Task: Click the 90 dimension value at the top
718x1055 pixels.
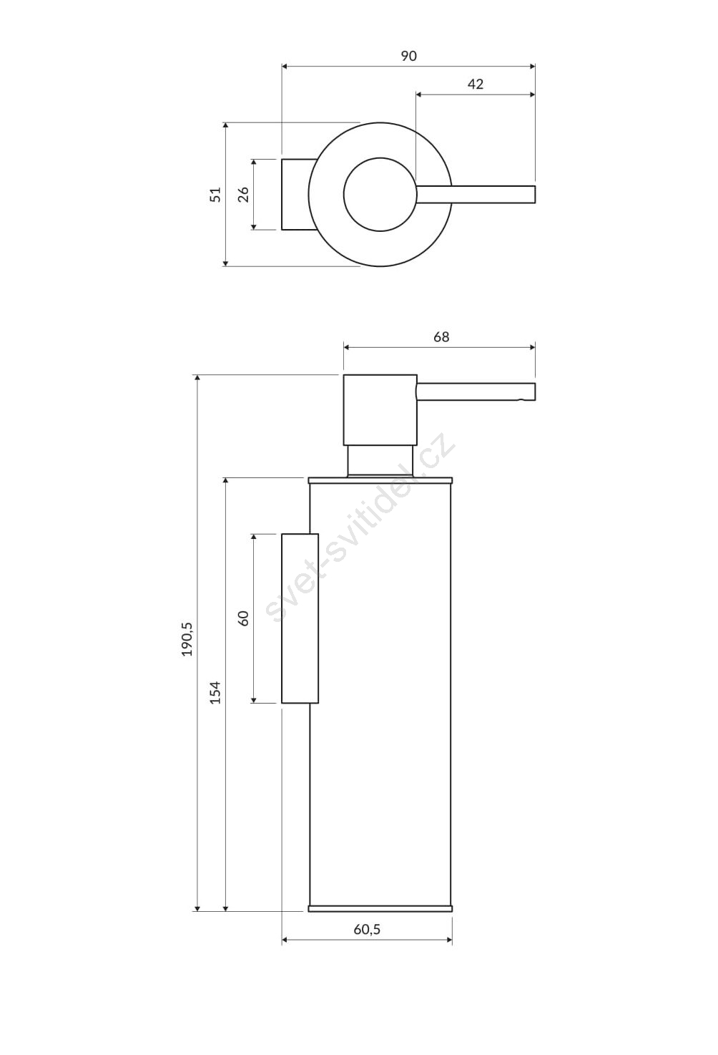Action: (x=408, y=56)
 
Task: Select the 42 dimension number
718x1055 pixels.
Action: (x=476, y=84)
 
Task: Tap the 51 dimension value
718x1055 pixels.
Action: (x=215, y=195)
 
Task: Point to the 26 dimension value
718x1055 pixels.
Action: (x=242, y=195)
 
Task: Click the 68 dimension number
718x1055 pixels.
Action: (x=441, y=337)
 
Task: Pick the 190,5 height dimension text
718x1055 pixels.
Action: (x=187, y=639)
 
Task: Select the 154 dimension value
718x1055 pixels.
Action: (x=215, y=692)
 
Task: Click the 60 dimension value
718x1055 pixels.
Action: (x=242, y=618)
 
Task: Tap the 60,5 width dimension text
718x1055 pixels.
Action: (x=367, y=929)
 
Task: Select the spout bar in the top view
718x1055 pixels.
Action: (x=476, y=195)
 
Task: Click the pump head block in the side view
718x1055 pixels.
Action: (x=380, y=409)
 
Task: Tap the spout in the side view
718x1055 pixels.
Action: (x=476, y=392)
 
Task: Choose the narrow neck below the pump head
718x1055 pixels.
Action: (x=380, y=461)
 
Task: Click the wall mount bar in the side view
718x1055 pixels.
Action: (x=300, y=618)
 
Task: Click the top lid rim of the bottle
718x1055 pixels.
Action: (x=380, y=480)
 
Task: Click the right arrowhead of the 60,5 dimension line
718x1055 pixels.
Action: (x=449, y=940)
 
